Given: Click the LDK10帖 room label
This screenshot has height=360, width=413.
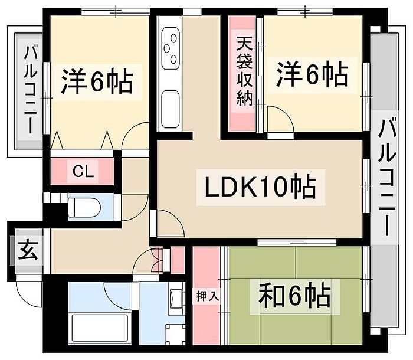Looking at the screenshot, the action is click(x=260, y=187).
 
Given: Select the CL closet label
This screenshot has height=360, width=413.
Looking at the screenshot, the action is click(x=83, y=172).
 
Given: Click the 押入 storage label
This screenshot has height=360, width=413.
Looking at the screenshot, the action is click(x=208, y=297).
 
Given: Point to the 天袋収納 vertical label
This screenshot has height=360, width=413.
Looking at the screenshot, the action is click(x=244, y=71).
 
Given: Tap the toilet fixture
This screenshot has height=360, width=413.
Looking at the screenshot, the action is click(x=84, y=207).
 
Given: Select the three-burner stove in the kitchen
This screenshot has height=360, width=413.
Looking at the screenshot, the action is click(x=171, y=48).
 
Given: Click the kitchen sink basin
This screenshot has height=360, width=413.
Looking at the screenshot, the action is click(x=171, y=109).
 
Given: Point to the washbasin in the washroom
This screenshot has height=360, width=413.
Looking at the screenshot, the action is click(x=176, y=299).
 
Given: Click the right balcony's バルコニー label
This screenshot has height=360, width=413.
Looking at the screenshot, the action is click(x=386, y=177).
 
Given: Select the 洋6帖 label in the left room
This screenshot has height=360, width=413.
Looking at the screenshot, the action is click(x=97, y=81).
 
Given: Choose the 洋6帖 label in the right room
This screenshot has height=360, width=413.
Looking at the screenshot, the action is click(x=312, y=74).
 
